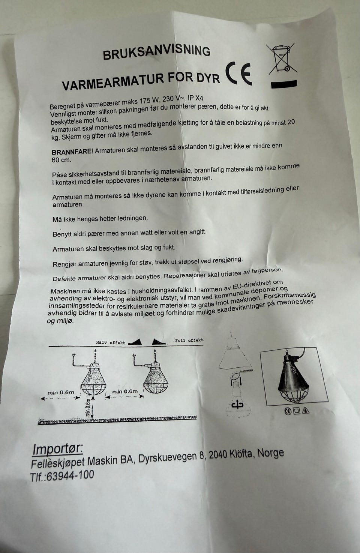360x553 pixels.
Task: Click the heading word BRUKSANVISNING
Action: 157,53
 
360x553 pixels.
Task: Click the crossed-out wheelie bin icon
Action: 283,58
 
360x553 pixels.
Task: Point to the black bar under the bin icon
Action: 284,84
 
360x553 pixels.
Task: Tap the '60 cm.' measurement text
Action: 61,160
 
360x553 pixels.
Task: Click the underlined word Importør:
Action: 58,449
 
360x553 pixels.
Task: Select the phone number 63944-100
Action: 70,475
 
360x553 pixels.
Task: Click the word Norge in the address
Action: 270,453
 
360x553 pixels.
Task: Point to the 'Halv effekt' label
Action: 111,343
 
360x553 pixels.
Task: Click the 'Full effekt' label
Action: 189,340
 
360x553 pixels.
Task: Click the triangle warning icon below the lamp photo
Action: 306,410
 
